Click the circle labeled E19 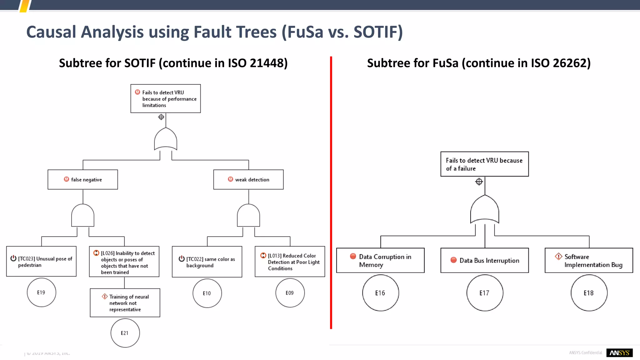[x=41, y=292]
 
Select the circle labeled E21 [x=125, y=333]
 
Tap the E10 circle [x=207, y=293]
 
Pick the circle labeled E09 [x=290, y=293]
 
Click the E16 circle [x=380, y=293]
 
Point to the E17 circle [x=485, y=293]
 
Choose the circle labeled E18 [x=589, y=293]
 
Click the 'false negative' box [x=83, y=180]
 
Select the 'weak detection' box [x=248, y=180]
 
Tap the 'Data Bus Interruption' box [x=485, y=260]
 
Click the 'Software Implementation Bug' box [x=589, y=260]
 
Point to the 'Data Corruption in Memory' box [x=380, y=260]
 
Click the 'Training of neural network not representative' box [x=125, y=303]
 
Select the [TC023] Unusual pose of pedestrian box [x=41, y=262]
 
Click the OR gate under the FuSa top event [x=485, y=209]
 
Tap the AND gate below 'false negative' [x=83, y=216]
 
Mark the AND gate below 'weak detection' [x=248, y=216]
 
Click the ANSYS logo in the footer [x=619, y=353]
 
